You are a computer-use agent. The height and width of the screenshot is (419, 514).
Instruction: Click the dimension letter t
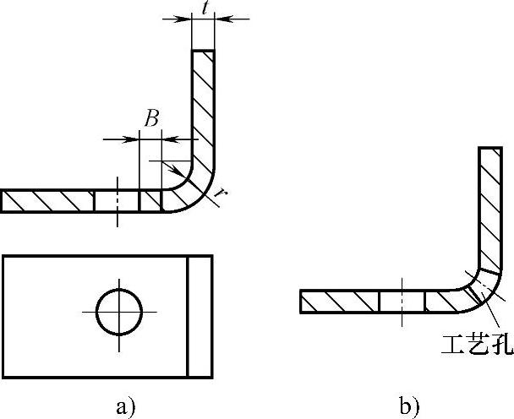(x=204, y=8)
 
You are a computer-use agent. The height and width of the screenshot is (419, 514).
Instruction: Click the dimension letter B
(x=150, y=119)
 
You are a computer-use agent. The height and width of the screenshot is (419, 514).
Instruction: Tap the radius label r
(x=221, y=194)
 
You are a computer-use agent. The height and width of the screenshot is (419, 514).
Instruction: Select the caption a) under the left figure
(x=124, y=407)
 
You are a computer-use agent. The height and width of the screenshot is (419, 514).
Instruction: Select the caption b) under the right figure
(x=410, y=407)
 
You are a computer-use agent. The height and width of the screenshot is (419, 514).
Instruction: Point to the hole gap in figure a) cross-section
(x=116, y=201)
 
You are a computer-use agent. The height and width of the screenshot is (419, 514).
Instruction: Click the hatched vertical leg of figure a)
(x=204, y=110)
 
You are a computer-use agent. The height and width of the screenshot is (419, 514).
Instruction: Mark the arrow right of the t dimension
(x=222, y=18)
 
